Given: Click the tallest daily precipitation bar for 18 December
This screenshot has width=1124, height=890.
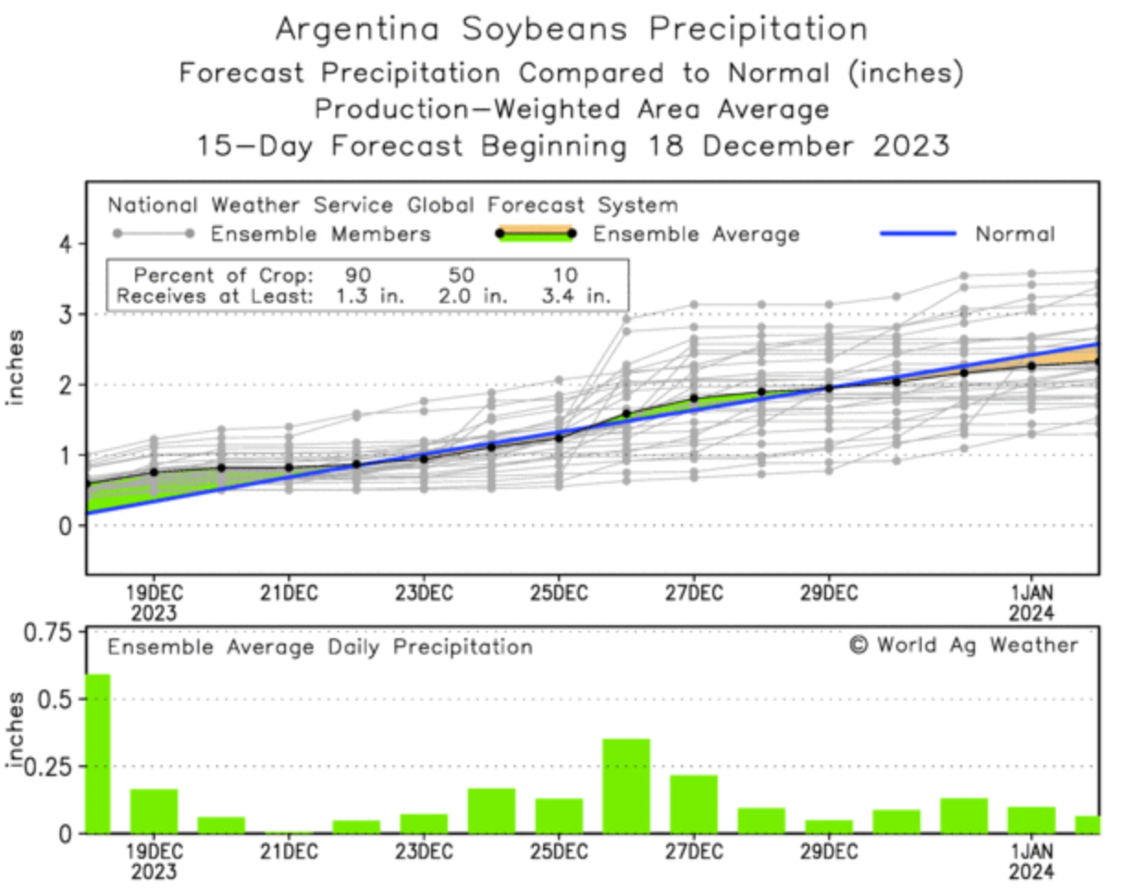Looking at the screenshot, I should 97,754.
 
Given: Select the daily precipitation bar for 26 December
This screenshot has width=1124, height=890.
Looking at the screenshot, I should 626,786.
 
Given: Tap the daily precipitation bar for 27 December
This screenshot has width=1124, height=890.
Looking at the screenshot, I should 694,804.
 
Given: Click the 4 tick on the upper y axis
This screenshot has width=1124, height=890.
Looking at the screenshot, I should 64,244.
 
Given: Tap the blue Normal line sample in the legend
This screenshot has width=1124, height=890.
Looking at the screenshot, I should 919,234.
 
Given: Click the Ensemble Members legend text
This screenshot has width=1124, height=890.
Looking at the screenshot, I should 321,234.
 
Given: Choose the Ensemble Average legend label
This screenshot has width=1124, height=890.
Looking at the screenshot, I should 696,234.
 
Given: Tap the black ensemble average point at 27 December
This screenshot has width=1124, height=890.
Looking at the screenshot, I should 694,398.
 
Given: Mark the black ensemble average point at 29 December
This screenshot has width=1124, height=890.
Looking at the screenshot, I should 829,388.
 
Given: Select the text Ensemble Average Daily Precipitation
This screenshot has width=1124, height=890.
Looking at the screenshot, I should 320,647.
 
